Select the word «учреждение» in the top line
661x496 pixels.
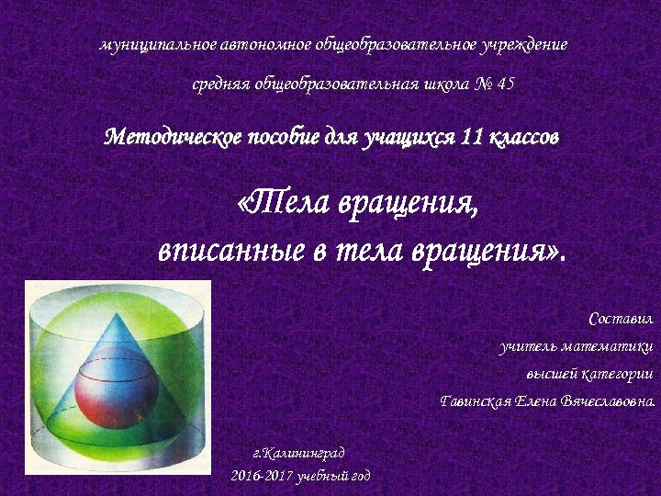tap(525, 44)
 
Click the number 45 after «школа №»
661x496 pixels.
tap(505, 85)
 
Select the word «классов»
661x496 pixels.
tap(523, 139)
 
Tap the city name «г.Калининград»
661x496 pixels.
tap(298, 453)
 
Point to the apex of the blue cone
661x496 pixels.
tap(116, 312)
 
